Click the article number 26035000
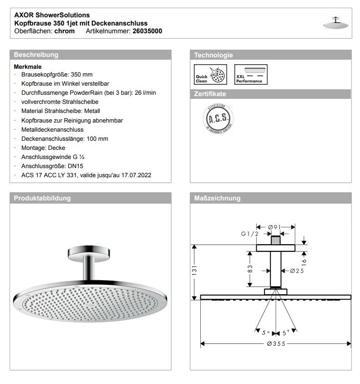[x=147, y=31]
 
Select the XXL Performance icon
[x=251, y=75]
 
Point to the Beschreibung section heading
[x=36, y=55]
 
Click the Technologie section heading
[x=213, y=55]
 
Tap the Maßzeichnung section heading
[x=217, y=198]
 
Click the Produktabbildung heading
[x=42, y=198]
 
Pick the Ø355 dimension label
[x=276, y=343]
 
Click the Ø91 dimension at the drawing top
[x=276, y=226]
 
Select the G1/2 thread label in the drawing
[x=250, y=234]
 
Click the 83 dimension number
[x=250, y=269]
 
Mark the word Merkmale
[x=28, y=67]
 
